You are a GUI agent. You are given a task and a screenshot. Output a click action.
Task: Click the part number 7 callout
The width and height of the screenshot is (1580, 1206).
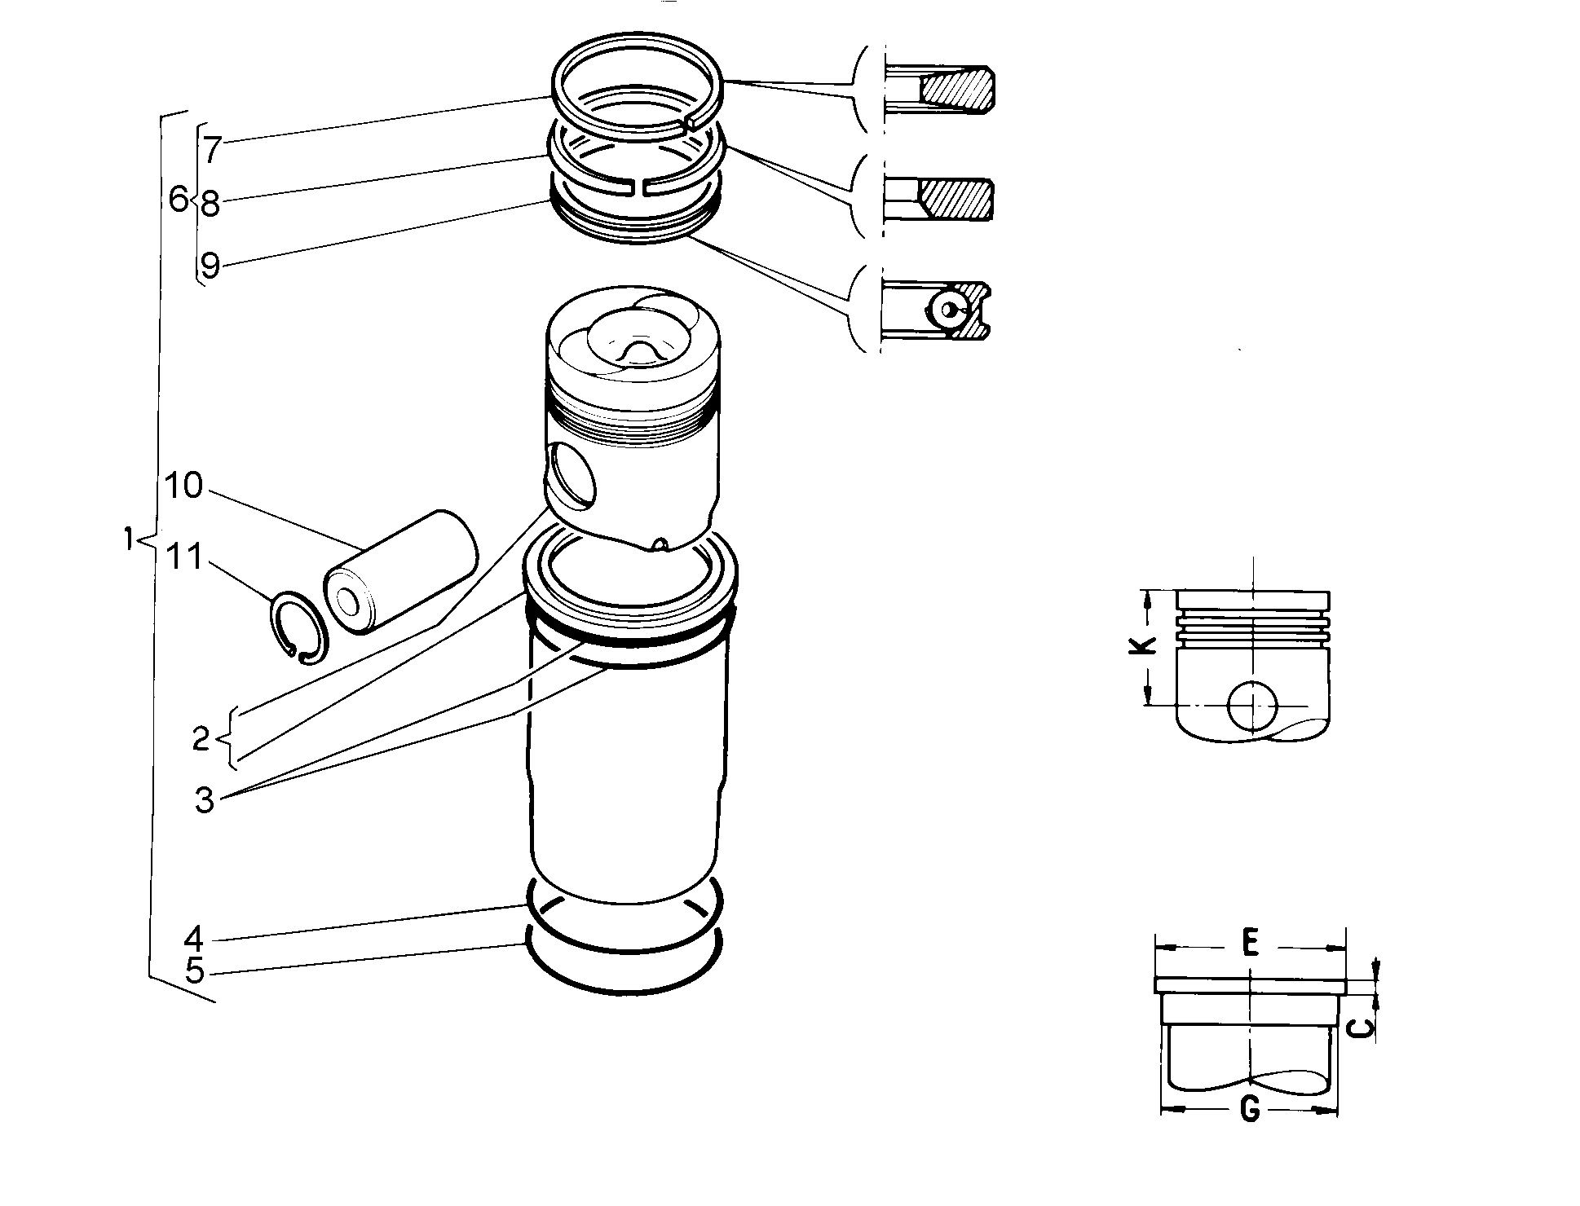point(212,150)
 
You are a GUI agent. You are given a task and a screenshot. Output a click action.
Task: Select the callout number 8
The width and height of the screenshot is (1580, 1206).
point(210,203)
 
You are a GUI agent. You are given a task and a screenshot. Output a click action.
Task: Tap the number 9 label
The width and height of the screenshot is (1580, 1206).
point(210,266)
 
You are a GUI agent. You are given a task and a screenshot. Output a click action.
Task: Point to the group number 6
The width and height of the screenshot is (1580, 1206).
point(179,199)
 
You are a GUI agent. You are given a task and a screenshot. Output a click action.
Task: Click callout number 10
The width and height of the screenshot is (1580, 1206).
point(183,486)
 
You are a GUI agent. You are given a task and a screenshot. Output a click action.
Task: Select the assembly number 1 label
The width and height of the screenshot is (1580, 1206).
point(128,539)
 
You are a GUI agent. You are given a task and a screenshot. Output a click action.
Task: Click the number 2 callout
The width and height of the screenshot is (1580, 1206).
point(201,740)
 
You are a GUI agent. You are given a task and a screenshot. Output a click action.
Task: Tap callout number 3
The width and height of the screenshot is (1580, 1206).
point(204,800)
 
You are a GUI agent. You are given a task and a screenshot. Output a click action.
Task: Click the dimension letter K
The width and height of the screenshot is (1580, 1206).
point(1145,645)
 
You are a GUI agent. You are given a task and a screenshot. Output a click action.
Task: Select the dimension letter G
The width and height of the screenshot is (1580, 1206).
point(1249,1110)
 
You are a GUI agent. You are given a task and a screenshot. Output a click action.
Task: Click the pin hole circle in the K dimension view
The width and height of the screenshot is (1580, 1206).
point(1253,705)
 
